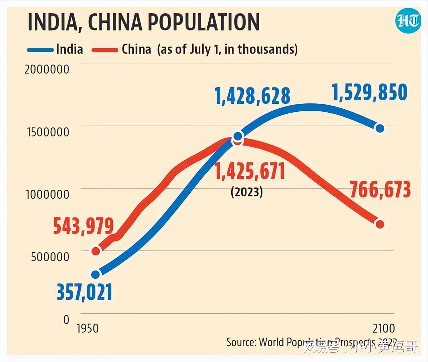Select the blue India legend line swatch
(x=40, y=50)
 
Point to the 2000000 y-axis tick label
(x=47, y=69)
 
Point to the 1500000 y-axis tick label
(x=48, y=132)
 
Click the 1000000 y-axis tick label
(x=47, y=194)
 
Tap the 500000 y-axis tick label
(x=50, y=257)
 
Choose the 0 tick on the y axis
(x=66, y=320)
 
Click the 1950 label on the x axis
(x=88, y=328)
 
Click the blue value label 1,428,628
(x=252, y=96)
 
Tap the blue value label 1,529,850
(x=370, y=92)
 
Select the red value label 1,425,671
(x=250, y=171)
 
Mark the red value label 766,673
(x=380, y=189)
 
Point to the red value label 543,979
(x=84, y=226)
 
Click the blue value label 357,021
(x=84, y=292)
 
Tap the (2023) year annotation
(x=247, y=192)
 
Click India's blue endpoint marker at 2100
(x=380, y=128)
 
